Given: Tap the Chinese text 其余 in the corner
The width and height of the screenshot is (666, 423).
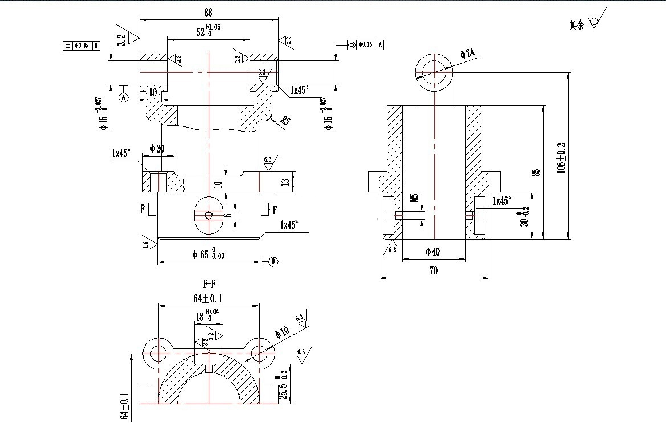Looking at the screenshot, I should [x=577, y=25].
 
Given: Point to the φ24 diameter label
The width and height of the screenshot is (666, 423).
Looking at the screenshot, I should [x=467, y=54].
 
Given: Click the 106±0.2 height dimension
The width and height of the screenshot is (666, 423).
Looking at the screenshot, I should [x=561, y=157].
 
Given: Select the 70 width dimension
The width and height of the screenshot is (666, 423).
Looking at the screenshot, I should [x=434, y=272].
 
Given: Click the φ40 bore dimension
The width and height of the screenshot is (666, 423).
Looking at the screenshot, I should [x=434, y=251].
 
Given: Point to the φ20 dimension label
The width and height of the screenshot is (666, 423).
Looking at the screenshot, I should [x=157, y=149].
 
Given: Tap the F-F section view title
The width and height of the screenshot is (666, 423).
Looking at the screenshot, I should [x=209, y=283].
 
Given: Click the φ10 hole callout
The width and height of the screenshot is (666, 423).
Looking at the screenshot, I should [x=282, y=331].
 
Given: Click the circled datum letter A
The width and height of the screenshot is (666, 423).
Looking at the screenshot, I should [x=124, y=97].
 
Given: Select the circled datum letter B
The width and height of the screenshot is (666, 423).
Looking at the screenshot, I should [x=273, y=261].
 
